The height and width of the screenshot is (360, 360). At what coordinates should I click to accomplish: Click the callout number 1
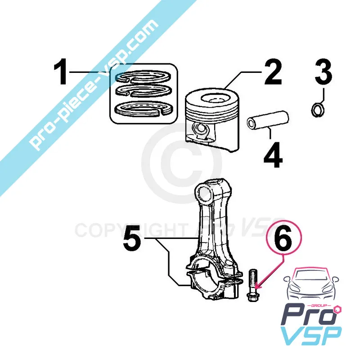(60, 72)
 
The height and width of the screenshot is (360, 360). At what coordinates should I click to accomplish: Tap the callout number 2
(273, 72)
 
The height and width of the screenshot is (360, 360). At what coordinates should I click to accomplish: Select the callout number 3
(323, 72)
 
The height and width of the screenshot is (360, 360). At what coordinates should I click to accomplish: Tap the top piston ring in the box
(144, 76)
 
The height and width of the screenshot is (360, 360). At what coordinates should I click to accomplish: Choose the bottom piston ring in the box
(144, 108)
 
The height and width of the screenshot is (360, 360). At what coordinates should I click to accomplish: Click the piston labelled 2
(212, 120)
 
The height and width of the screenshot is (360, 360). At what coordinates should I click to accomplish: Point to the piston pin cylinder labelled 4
(268, 121)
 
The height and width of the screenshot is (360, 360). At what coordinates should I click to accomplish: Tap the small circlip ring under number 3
(318, 110)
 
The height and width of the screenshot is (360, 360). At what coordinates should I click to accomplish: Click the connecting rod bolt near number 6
(252, 285)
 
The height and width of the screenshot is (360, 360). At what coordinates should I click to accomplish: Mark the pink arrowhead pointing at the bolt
(257, 286)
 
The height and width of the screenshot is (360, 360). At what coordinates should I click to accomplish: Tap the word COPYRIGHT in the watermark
(130, 230)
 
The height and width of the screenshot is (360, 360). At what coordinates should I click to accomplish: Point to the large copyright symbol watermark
(181, 163)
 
